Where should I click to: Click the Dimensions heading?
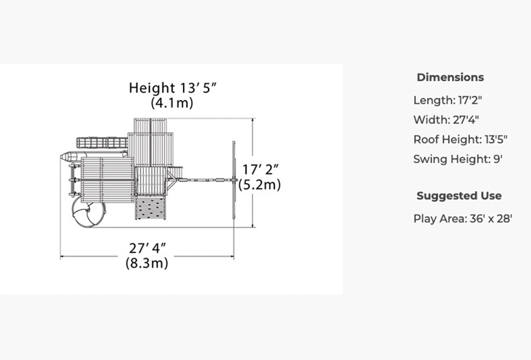[x=450, y=77]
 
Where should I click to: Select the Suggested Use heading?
[x=459, y=196]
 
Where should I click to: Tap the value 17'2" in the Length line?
[x=470, y=100]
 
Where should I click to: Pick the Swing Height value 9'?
[x=498, y=159]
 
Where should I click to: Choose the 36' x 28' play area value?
[x=491, y=219]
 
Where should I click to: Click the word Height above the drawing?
[x=152, y=88]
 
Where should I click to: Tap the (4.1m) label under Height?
[x=172, y=102]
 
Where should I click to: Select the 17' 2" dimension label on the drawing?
[x=261, y=170]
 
